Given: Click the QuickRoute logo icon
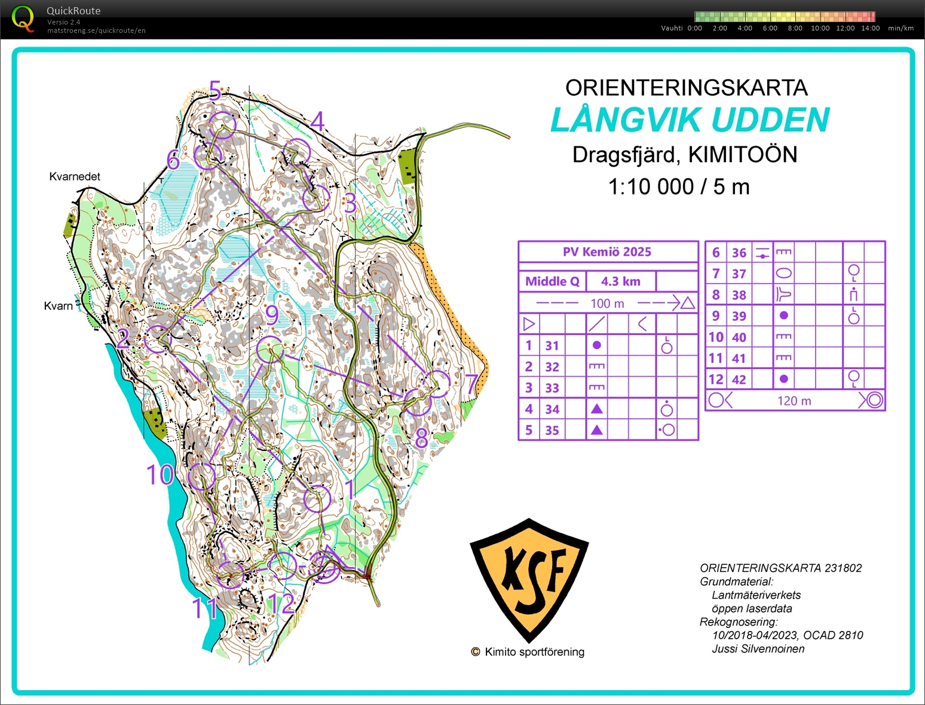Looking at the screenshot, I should click(23, 18).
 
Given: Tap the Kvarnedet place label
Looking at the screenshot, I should click(75, 176).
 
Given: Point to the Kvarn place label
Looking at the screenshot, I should click(58, 306).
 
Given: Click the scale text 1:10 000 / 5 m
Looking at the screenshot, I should click(678, 187).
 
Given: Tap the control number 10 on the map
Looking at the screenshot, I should click(160, 475).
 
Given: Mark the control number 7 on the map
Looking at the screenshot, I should click(472, 384).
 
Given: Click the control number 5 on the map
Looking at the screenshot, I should click(215, 90).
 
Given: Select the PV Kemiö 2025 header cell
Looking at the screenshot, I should click(607, 252).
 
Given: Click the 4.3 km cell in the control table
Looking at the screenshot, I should click(620, 281).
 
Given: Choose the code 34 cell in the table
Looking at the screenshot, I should click(552, 409).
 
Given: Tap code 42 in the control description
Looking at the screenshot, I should click(739, 379).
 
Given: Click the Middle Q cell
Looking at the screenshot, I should click(552, 281).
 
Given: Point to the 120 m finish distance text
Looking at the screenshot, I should click(794, 401).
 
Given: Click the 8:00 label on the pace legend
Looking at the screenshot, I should click(795, 28).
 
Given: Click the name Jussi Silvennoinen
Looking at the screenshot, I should click(758, 649).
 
